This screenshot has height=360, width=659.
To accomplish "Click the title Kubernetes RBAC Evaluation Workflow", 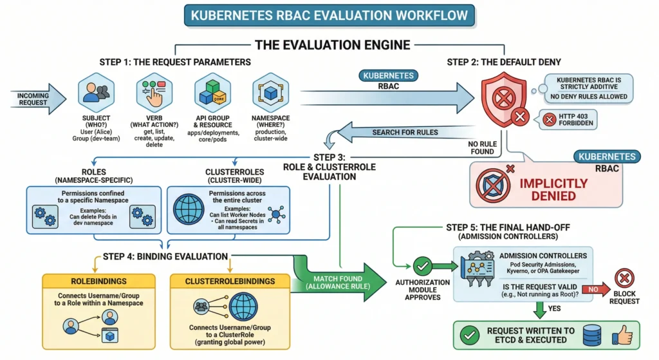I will click(x=329, y=15).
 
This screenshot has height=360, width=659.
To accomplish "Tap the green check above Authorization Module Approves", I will click(x=422, y=265).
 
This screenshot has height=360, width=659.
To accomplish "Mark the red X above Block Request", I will click(x=625, y=278).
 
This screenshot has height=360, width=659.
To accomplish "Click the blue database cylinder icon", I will click(x=593, y=336).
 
